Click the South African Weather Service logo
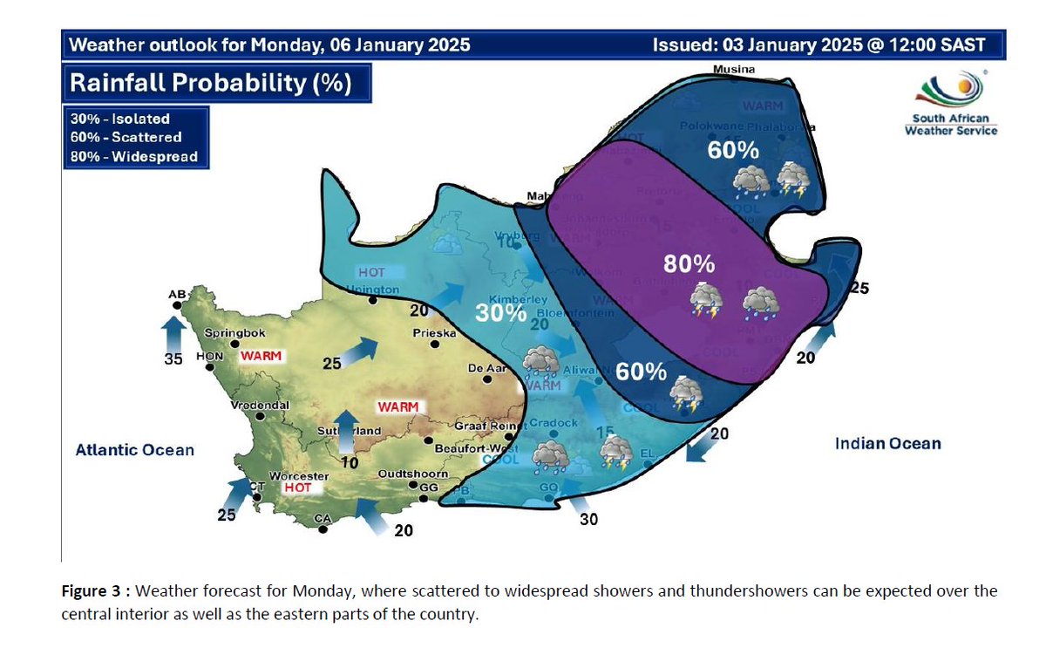point(951,103)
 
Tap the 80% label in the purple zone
point(689,263)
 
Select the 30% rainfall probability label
point(499,313)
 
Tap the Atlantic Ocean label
point(134,450)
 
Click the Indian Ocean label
point(888,444)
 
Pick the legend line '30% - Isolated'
point(120,119)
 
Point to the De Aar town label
point(487,369)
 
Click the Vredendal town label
point(259,406)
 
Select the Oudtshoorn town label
point(412,474)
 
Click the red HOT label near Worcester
point(296,488)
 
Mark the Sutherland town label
point(351,431)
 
